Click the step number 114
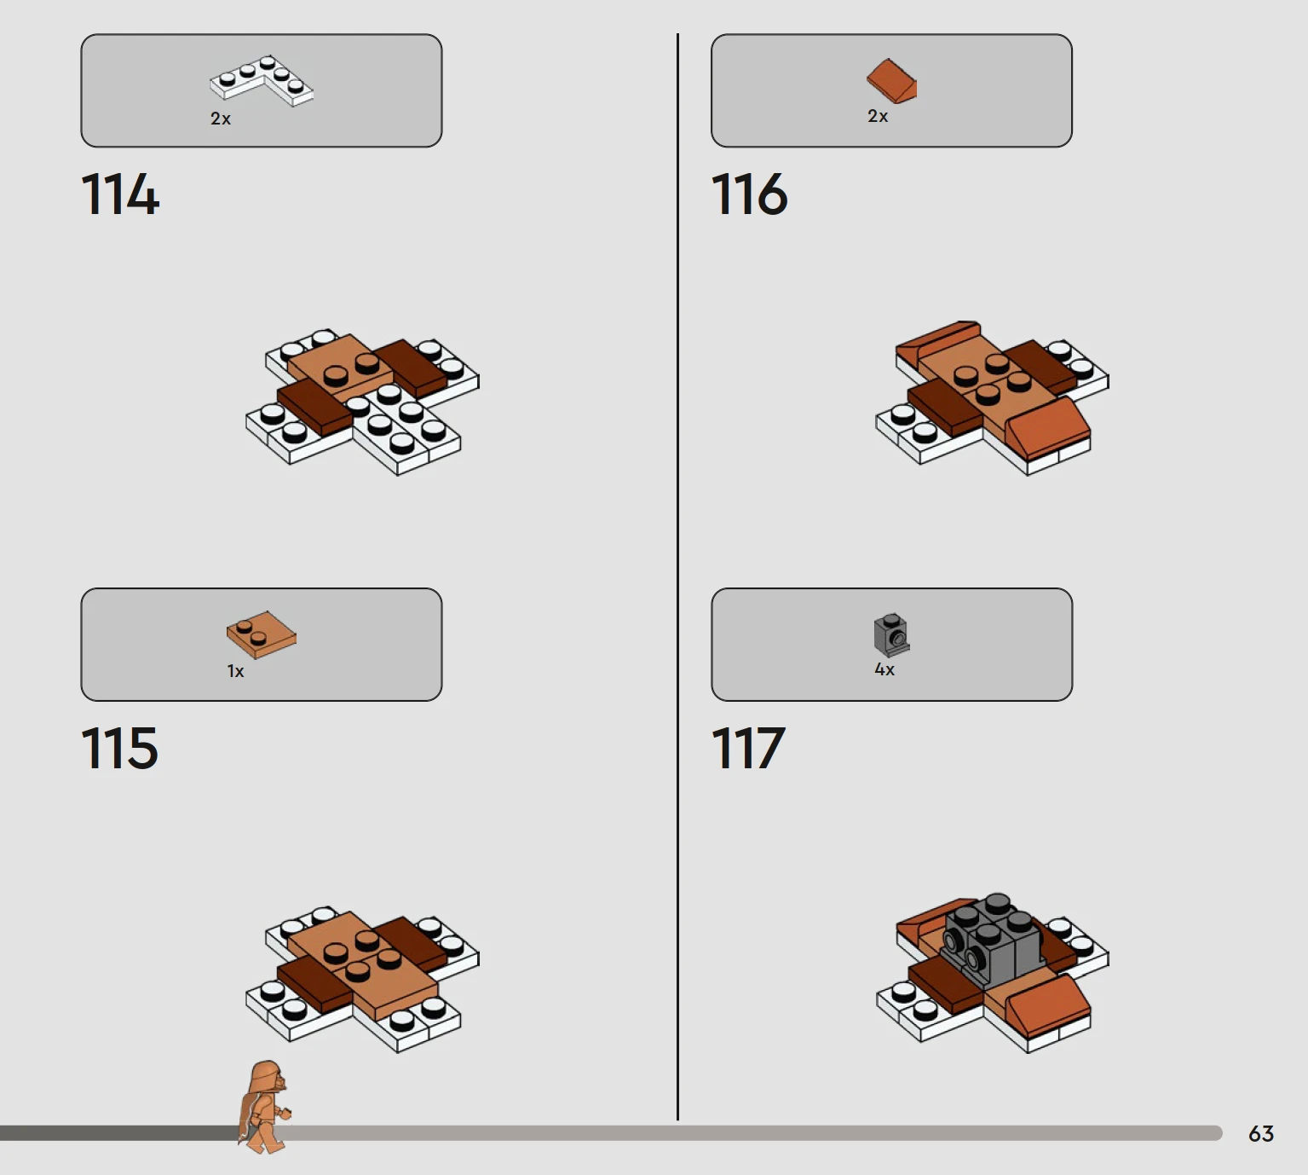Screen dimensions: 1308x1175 (120, 194)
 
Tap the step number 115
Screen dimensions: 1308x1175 (119, 747)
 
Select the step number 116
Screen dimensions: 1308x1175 (750, 194)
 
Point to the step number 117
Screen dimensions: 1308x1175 (748, 747)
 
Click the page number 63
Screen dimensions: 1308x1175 (1261, 1133)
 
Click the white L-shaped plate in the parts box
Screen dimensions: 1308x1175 (262, 81)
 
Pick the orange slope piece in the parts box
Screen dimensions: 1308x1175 (891, 81)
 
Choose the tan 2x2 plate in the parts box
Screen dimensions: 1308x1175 (262, 634)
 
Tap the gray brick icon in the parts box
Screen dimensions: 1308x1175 (891, 634)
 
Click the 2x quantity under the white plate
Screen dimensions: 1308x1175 (220, 119)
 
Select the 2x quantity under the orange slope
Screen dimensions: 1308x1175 (878, 116)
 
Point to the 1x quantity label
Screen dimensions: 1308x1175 (235, 672)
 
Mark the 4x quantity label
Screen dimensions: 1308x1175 (884, 669)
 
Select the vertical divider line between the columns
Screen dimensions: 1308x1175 (677, 576)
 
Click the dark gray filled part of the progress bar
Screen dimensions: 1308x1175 (119, 1132)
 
